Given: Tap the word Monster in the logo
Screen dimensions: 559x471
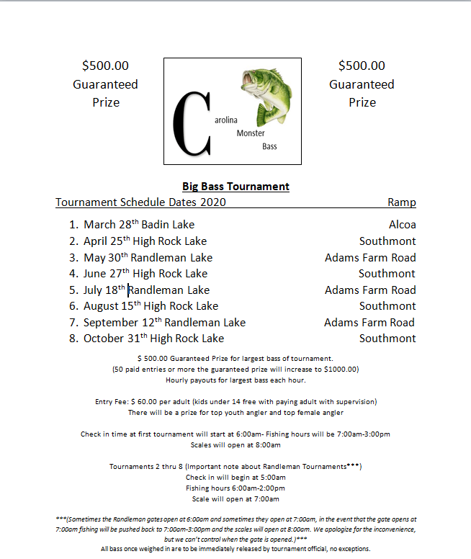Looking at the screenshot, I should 251,133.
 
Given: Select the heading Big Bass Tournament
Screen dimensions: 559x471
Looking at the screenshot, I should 235,187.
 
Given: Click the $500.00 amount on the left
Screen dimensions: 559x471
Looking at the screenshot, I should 106,66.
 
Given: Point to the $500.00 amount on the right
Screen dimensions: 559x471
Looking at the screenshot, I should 362,66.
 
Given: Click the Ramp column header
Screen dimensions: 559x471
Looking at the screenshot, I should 402,202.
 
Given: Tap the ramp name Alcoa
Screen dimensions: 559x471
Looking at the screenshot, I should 402,225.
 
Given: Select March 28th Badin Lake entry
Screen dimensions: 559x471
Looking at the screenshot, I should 139,225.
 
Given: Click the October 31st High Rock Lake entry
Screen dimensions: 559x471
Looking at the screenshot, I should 153,339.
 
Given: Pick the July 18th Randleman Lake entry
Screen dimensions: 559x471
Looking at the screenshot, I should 146,290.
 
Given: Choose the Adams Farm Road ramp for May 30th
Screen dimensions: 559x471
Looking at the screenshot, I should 370,257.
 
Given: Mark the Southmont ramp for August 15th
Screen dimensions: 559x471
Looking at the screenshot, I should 387,306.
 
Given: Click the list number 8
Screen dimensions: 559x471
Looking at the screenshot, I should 73,339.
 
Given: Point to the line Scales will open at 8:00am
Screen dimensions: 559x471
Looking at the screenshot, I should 235,444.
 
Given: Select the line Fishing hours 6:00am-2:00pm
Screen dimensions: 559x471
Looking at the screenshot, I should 235,488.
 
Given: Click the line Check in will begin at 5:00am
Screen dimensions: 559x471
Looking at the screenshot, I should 235,477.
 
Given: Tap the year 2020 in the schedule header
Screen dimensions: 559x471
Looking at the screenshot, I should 213,202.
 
